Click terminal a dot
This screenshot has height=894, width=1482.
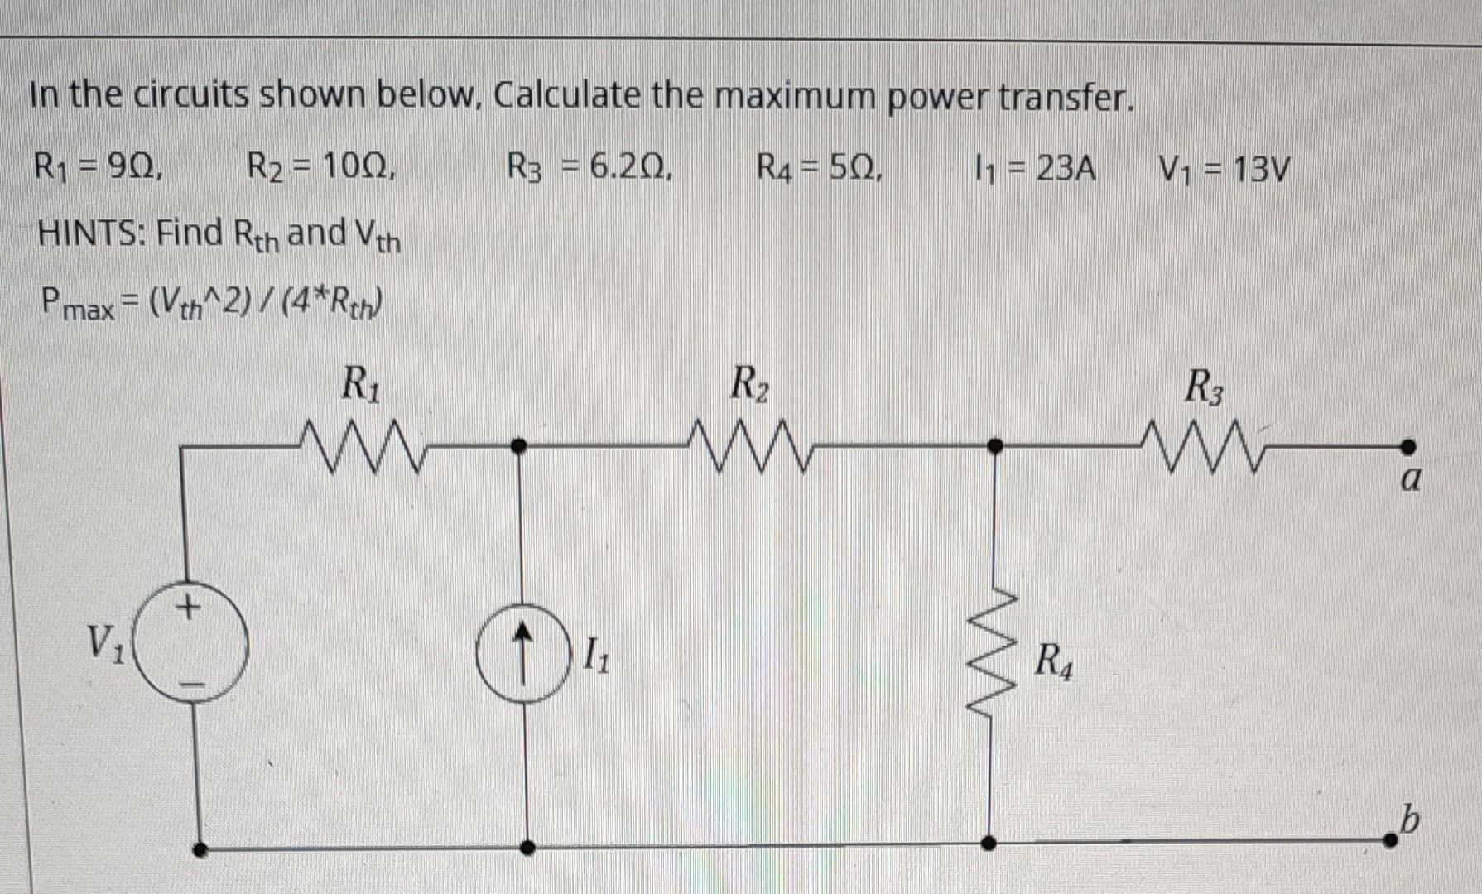pos(1407,447)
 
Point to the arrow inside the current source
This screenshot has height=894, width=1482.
pos(521,652)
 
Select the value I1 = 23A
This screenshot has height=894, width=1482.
pos(1035,170)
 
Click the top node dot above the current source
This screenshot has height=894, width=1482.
pos(519,447)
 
